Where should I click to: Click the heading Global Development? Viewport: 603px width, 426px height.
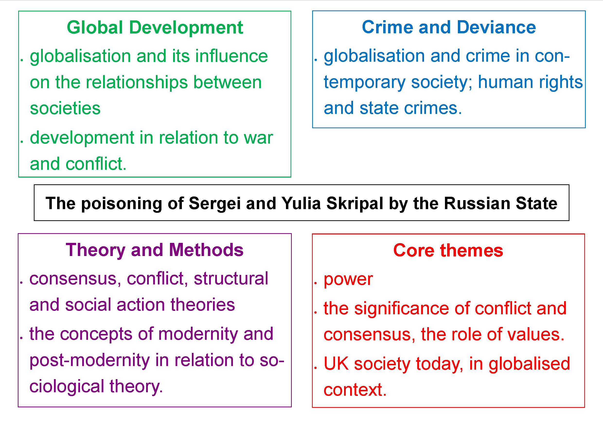(155, 27)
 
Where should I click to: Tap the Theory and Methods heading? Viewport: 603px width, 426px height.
(155, 250)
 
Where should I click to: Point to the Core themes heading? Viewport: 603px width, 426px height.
(448, 250)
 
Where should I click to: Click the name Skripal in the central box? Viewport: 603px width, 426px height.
(355, 203)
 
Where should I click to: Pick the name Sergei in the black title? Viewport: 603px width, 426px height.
(214, 203)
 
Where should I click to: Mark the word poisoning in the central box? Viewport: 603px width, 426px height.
(122, 203)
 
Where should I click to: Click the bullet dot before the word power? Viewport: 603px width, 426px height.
(315, 283)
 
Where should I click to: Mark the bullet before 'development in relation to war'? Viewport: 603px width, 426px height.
(22, 142)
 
